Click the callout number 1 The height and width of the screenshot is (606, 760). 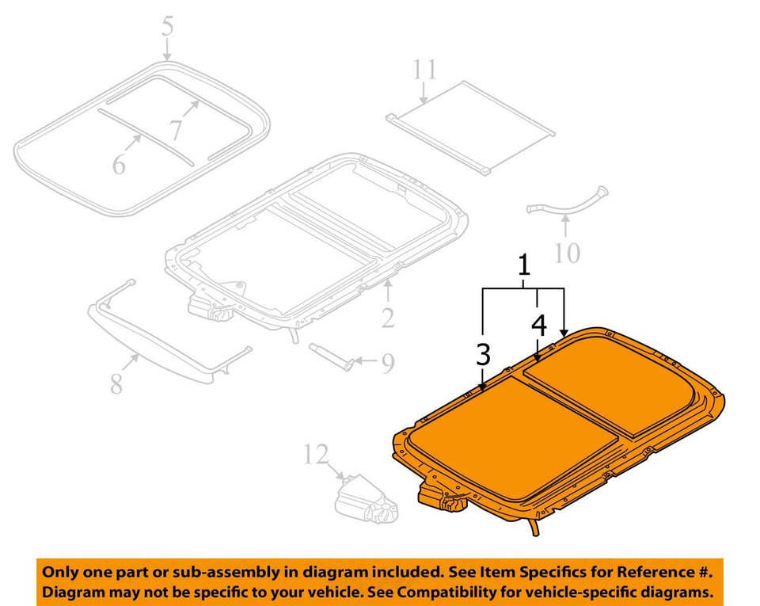[523, 267]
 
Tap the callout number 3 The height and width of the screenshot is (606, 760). [483, 355]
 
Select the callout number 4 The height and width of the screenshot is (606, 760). [538, 325]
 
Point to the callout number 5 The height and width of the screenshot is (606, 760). [167, 27]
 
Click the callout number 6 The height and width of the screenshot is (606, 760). [119, 164]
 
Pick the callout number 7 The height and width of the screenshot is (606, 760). [175, 129]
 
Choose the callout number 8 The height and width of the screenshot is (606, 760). [116, 384]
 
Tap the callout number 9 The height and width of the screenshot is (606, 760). [387, 364]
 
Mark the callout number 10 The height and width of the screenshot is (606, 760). [567, 253]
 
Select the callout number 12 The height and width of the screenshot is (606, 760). [315, 455]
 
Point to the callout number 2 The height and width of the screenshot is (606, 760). [387, 318]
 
